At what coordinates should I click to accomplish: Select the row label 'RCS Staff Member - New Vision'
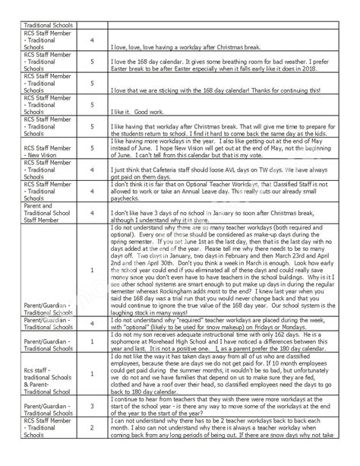pyautogui.click(x=46, y=147)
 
